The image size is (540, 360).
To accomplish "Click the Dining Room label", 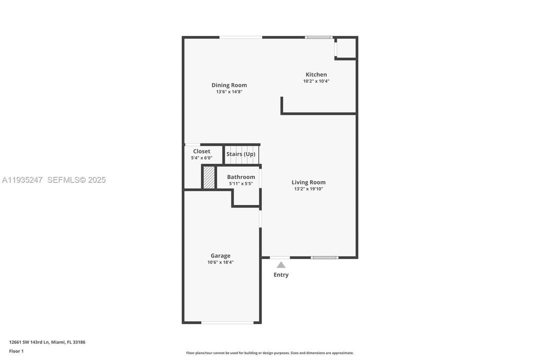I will tap(229, 85).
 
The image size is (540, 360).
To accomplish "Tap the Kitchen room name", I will tap(316, 74).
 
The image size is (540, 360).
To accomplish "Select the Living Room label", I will tap(308, 182).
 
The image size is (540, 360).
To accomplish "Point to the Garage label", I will tap(220, 255).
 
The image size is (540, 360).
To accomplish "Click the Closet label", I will tap(201, 151).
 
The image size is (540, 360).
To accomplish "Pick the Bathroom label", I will tap(241, 177).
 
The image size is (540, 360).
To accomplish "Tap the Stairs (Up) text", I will tap(241, 154).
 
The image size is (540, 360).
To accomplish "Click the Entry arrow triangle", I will tap(281, 265).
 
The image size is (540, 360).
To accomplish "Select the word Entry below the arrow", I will tap(281, 274).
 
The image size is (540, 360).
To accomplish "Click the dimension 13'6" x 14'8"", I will tap(229, 92).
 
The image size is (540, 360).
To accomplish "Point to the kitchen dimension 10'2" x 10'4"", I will tap(316, 81).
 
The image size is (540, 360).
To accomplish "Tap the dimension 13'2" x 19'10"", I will tap(308, 189).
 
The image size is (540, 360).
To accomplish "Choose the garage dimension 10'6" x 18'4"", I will tap(220, 262).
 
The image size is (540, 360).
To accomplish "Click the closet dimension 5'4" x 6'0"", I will tap(201, 158).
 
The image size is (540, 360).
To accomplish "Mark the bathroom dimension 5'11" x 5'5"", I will tap(241, 183).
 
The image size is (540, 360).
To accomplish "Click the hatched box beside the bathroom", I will tap(209, 177).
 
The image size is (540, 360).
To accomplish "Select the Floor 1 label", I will tap(16, 351).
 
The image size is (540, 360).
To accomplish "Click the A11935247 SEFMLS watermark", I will tap(54, 180).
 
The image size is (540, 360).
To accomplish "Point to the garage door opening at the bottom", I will tap(227, 322).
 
